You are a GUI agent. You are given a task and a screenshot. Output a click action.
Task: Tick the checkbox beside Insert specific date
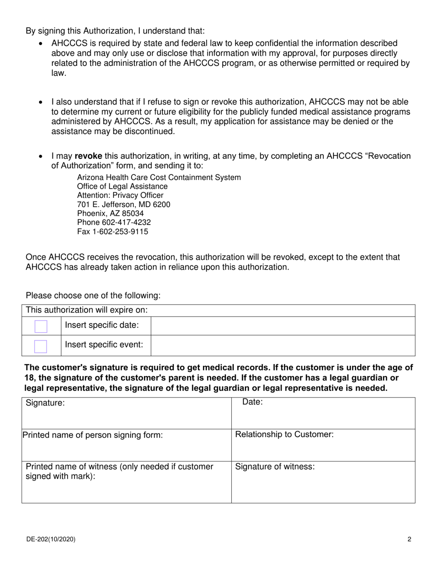(x=41, y=327)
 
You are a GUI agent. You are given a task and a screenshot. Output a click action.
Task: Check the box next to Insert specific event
(x=41, y=346)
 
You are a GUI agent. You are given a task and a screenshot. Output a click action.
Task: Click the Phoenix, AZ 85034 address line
(x=110, y=214)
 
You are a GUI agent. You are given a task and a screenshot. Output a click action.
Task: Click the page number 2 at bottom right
(x=409, y=539)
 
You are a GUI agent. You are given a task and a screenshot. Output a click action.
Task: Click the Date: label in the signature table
(x=253, y=402)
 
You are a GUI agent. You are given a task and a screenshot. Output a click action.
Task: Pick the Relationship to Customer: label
(x=284, y=434)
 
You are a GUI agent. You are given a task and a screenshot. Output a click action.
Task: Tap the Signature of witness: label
(x=275, y=467)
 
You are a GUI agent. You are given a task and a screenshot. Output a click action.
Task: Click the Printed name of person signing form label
(x=92, y=435)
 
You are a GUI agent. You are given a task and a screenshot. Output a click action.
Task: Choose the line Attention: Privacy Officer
(x=120, y=196)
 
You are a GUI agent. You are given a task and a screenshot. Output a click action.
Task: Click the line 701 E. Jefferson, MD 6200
(x=123, y=205)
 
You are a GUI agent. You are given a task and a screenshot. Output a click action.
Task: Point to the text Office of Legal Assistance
(x=122, y=186)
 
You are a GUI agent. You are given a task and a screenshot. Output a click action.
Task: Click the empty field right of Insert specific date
(x=282, y=326)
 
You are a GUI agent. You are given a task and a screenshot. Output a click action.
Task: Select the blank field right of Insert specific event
(x=282, y=346)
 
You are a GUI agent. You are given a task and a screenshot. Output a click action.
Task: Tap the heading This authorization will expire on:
(x=87, y=310)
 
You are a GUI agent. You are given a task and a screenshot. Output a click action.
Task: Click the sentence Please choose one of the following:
(x=93, y=295)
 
